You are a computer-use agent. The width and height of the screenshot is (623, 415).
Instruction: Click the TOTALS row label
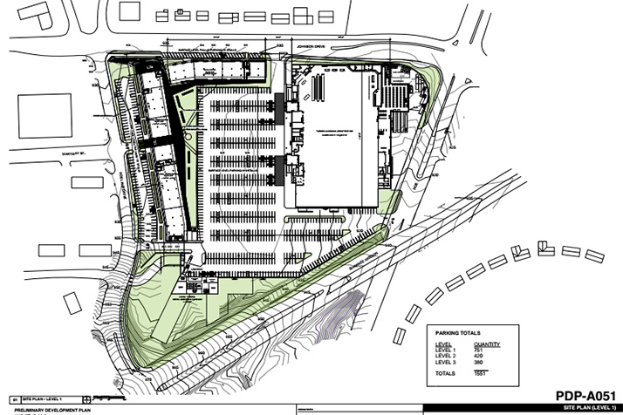tap(445, 373)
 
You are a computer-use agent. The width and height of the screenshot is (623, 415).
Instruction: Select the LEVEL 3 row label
tap(444, 363)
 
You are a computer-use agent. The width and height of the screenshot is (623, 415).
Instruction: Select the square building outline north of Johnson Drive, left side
tap(129, 10)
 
